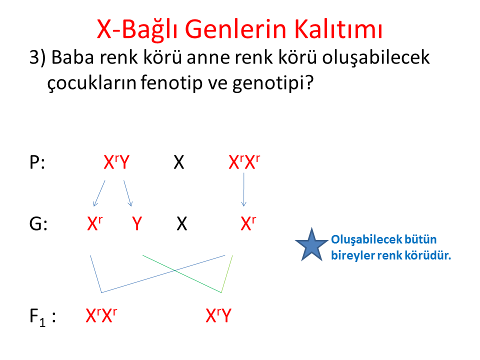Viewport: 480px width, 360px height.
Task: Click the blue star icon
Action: (x=311, y=245)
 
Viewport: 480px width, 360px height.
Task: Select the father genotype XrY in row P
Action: (x=116, y=162)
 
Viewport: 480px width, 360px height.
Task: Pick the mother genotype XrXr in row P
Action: (x=244, y=162)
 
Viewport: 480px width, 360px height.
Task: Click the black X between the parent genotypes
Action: (x=179, y=162)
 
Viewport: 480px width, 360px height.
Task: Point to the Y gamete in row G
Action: (x=137, y=223)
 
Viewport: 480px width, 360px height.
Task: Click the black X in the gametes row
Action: (x=182, y=223)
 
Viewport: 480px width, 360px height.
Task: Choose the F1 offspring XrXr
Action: (x=101, y=315)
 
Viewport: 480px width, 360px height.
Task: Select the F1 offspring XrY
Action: (x=218, y=315)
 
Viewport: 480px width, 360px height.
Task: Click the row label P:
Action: (x=37, y=162)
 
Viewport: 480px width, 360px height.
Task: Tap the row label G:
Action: (x=38, y=223)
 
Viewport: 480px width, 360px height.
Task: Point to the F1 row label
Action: (x=42, y=317)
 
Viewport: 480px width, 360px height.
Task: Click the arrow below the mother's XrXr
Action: (x=243, y=190)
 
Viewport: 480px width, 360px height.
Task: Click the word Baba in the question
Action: (x=72, y=57)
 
